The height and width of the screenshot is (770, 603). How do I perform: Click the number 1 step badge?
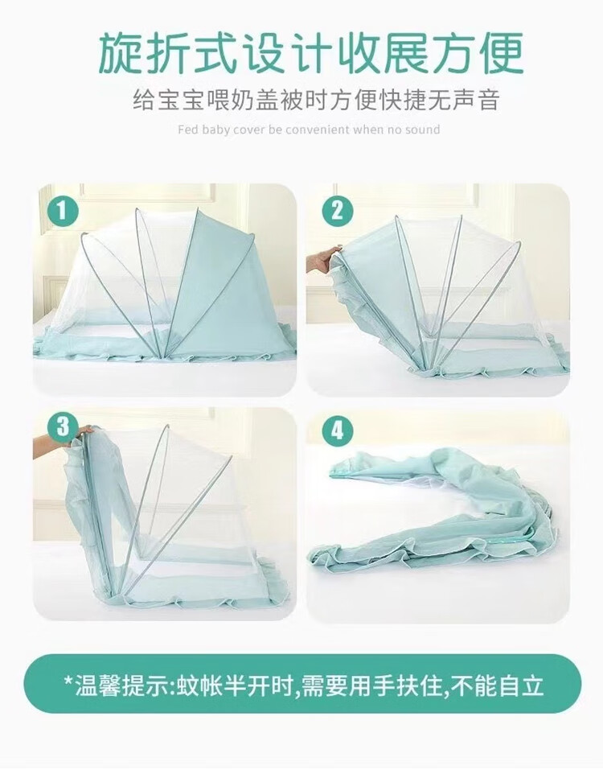62,212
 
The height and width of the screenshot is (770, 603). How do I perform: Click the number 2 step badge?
337,212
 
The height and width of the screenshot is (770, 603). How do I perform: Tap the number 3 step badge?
62,427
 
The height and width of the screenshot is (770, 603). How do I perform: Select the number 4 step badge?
337,431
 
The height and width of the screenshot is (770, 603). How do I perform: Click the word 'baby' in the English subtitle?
215,130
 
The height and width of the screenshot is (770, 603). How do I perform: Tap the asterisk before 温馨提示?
69,680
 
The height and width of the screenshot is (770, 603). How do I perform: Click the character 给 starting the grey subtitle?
144,101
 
